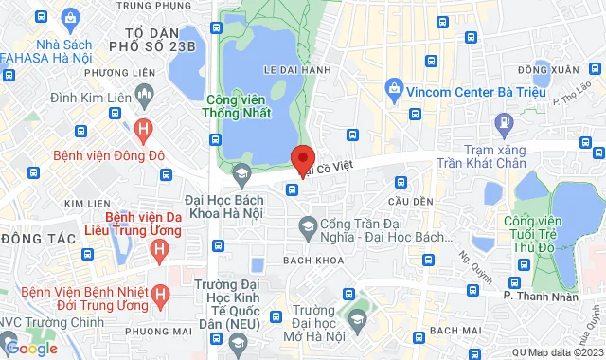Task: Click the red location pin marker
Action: (303, 160)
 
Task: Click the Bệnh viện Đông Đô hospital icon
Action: (142, 127)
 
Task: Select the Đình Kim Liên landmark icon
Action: (144, 93)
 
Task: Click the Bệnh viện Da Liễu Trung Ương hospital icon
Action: (160, 249)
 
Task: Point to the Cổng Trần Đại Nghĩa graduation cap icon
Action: (307, 225)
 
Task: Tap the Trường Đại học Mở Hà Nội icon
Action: (356, 323)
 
